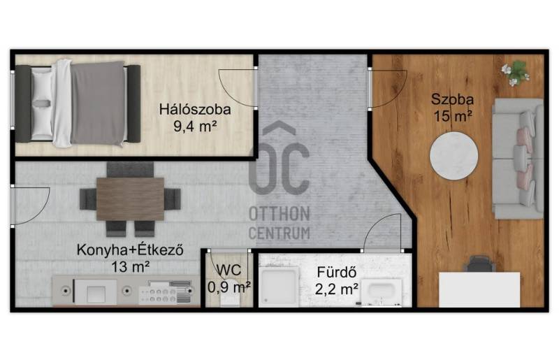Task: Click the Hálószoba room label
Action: pos(195,109)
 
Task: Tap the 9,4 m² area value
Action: pos(195,126)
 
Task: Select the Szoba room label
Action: pos(452,99)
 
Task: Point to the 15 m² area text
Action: pos(453,116)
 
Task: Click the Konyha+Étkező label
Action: pos(130,250)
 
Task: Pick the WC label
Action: pos(228,271)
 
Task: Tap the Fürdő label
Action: pos(337,272)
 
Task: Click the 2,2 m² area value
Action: pos(337,289)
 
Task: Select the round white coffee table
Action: pos(453,156)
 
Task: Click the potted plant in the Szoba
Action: pos(515,73)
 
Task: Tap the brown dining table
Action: pos(130,199)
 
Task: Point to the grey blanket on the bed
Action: pos(97,103)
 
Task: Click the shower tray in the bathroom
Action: pos(279,287)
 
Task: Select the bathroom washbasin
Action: pos(381,293)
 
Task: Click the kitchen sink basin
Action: pos(96,293)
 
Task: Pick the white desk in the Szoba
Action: pos(479,289)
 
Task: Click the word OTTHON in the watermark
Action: pos(279,214)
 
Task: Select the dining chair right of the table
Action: pos(173,199)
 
